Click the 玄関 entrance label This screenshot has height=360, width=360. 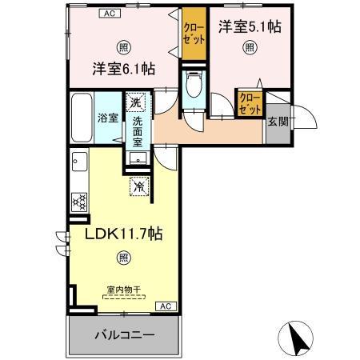click(x=278, y=122)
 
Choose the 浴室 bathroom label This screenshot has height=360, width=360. click(x=107, y=117)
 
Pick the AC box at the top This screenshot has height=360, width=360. click(x=110, y=14)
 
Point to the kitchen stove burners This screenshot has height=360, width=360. click(x=80, y=202)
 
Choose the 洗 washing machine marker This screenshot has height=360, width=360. click(x=137, y=102)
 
